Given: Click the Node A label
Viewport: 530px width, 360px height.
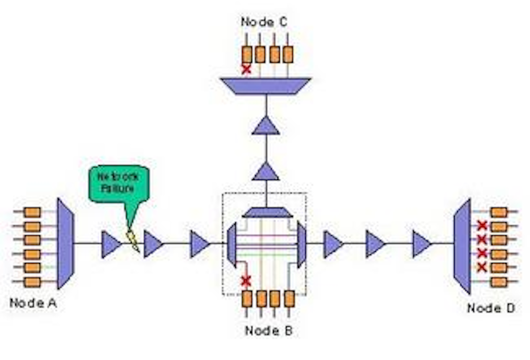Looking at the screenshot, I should [33, 303].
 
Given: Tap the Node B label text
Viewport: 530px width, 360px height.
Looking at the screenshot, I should [268, 330].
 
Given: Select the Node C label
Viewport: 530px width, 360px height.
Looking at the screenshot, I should [264, 22].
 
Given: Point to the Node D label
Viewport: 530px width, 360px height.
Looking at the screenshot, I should [491, 308].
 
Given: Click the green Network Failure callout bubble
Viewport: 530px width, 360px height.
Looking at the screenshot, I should [119, 183].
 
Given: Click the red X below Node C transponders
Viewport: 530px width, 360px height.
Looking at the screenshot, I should [246, 69].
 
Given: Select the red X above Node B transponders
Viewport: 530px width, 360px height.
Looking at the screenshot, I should [246, 281].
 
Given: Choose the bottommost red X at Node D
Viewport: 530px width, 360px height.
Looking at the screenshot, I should [482, 267].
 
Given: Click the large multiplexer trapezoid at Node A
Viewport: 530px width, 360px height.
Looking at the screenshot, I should [66, 243].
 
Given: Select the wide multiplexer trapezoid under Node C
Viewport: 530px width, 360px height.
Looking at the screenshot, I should [265, 86].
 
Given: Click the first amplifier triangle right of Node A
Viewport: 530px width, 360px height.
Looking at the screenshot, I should [111, 244].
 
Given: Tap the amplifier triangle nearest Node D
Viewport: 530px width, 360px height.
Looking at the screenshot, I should [421, 244].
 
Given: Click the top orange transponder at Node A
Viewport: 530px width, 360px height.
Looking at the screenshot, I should [32, 212].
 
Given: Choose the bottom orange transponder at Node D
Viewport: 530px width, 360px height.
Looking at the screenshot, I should [499, 282].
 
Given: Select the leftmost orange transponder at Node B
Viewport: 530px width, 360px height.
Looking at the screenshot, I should [247, 299].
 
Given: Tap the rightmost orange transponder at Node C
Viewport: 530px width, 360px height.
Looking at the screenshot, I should [288, 54].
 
